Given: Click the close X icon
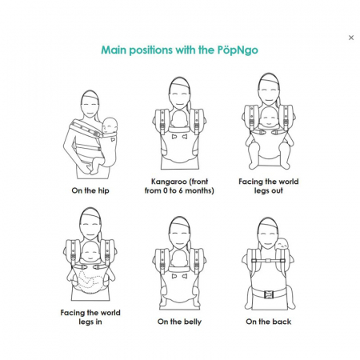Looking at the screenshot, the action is (351, 38).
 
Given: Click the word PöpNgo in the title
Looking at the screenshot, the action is (238, 50).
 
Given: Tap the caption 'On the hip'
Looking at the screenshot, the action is (90, 190).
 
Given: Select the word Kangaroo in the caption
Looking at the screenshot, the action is (169, 182).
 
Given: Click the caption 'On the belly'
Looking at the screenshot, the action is (179, 322).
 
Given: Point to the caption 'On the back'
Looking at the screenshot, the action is (269, 322).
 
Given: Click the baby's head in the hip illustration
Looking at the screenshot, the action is (110, 126).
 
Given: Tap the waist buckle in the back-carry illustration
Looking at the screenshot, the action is (269, 294).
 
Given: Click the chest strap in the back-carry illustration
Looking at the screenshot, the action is (268, 261).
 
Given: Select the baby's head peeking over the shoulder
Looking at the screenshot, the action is (281, 244).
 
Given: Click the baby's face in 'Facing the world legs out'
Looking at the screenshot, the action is (268, 118).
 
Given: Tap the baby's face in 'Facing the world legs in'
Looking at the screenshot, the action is (90, 253).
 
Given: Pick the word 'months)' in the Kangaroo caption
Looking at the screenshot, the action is (199, 191).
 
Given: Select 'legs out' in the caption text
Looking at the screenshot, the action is (269, 191).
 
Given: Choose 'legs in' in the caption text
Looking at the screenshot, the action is (90, 322).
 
